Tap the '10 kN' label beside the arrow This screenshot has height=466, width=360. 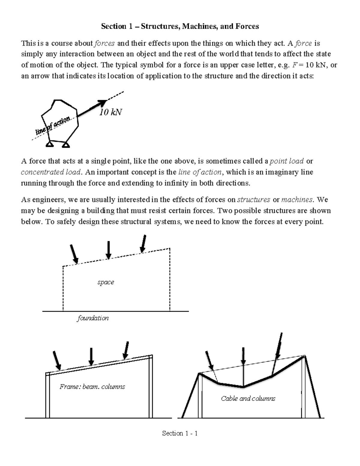tap(110, 112)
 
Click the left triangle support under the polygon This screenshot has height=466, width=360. tap(49, 145)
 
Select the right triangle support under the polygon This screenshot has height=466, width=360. tap(66, 145)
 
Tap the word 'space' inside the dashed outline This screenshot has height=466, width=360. tap(106, 282)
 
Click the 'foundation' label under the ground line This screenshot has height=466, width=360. tap(93, 318)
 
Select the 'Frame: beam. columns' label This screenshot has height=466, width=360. tap(92, 386)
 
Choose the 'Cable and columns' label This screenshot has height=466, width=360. tap(248, 398)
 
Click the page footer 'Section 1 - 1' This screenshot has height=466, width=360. tap(180, 433)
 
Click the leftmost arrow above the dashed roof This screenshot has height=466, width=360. tap(74, 254)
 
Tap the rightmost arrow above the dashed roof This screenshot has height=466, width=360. tap(143, 243)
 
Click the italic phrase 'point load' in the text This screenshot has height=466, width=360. tap(286, 161)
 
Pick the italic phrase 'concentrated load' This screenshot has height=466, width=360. tap(51, 172)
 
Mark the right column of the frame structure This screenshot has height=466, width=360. tap(151, 387)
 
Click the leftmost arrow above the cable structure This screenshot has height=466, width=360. tap(209, 360)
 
